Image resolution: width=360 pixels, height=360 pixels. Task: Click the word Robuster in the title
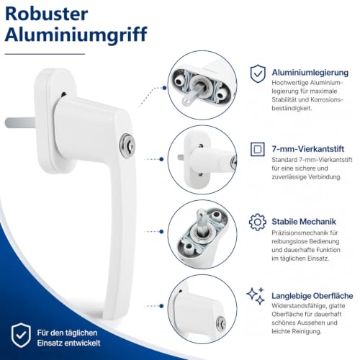coord(46,14)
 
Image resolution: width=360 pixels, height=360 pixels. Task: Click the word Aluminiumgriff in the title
coord(76,35)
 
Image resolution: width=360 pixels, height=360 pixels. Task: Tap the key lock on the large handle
coord(127,145)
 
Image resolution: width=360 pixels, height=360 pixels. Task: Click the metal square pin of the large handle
coord(20,122)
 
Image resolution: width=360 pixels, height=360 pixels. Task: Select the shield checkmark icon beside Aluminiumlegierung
coord(258,73)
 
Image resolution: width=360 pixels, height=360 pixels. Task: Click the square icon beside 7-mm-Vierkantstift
coord(258,149)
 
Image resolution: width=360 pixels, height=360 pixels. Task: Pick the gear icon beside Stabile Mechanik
coord(258,222)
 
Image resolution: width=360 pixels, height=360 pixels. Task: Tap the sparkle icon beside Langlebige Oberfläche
coord(256,296)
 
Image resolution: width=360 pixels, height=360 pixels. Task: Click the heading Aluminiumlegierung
coord(310,73)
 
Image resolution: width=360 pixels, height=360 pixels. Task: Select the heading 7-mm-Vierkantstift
coord(308,149)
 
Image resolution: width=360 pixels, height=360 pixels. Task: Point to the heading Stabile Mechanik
coord(304,222)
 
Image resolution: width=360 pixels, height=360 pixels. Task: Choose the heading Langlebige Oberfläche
coord(312,296)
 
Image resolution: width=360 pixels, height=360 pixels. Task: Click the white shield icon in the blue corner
coord(21,335)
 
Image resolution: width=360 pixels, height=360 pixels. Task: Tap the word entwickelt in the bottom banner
coord(84,343)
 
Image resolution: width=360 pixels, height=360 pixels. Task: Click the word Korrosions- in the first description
coord(327,99)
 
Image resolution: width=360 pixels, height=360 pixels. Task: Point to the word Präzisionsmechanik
coord(296,233)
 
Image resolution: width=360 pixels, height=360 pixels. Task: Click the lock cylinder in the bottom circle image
coord(221,323)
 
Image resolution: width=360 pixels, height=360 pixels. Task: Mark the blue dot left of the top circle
coord(164,88)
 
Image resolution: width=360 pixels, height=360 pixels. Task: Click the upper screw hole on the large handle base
coord(63,94)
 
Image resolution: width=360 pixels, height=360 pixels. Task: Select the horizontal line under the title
coord(45,54)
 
